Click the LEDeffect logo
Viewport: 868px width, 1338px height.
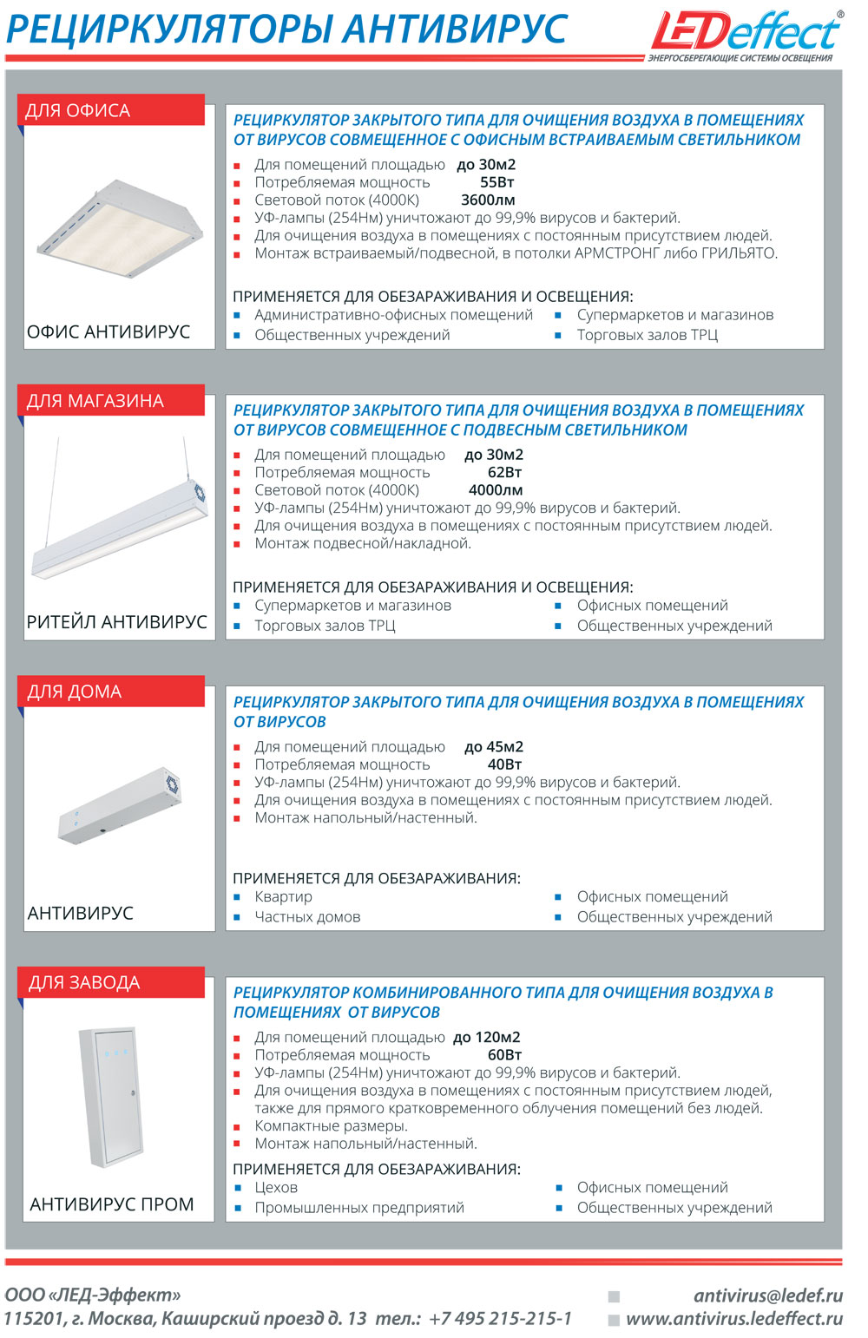(746, 35)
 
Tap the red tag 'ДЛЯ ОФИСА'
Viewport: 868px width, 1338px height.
(111, 110)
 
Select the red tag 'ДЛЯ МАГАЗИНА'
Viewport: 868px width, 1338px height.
(111, 401)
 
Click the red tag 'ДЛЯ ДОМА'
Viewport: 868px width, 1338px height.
(111, 692)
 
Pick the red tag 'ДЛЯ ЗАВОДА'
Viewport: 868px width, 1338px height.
(111, 982)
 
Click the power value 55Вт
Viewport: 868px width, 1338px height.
(496, 182)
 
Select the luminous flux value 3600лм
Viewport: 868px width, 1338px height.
(488, 200)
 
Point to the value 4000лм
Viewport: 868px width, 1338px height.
(496, 490)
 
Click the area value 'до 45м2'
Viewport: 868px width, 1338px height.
(494, 746)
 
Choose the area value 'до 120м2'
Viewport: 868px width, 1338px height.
(487, 1037)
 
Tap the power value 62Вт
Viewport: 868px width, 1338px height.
(504, 472)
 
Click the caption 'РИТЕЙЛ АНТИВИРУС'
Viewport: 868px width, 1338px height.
(117, 622)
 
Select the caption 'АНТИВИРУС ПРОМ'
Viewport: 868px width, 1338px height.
(112, 1204)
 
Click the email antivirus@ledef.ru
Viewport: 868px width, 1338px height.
(768, 1295)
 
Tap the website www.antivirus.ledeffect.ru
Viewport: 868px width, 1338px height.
(734, 1319)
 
